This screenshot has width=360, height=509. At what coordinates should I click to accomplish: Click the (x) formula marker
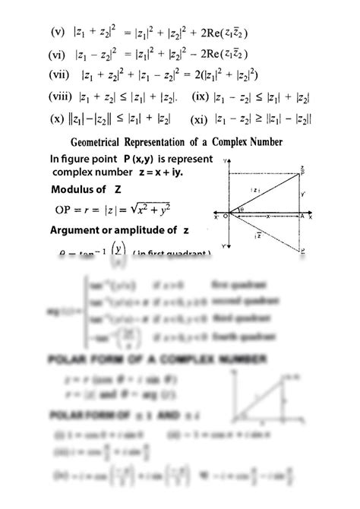point(57,119)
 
